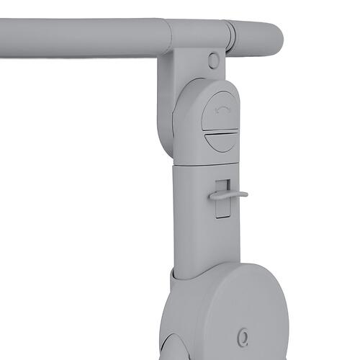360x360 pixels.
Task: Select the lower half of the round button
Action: click(220, 141)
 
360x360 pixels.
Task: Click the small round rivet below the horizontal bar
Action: click(214, 60)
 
